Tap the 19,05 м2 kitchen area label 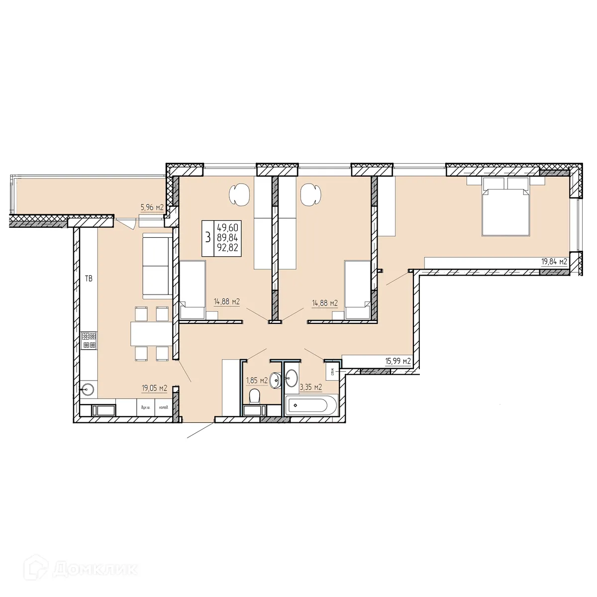pyautogui.click(x=154, y=389)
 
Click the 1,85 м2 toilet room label pyautogui.click(x=257, y=381)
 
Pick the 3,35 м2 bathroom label pyautogui.click(x=311, y=387)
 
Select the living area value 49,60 pyautogui.click(x=227, y=227)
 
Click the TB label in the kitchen pyautogui.click(x=89, y=279)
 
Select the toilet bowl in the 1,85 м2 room pyautogui.click(x=254, y=397)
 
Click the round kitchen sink pyautogui.click(x=89, y=389)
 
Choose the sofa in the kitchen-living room pyautogui.click(x=157, y=267)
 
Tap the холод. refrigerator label pyautogui.click(x=163, y=407)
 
